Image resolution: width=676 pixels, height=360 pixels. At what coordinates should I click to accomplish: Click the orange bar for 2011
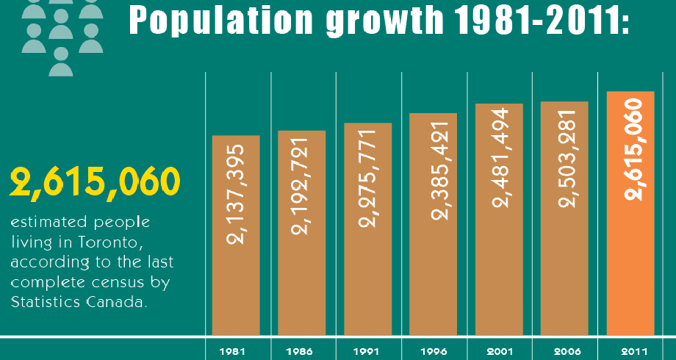click(x=630, y=213)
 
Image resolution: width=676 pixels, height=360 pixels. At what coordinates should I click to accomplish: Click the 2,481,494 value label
click(x=499, y=159)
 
